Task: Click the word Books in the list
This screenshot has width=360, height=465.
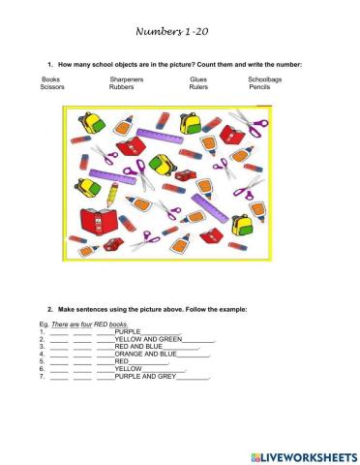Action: tap(51, 78)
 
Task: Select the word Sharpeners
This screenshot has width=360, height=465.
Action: tap(128, 78)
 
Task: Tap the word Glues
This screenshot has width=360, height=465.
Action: tap(198, 78)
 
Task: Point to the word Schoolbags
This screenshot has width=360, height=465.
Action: tap(265, 78)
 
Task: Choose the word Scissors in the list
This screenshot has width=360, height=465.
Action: tap(53, 86)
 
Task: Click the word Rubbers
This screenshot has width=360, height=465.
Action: tap(124, 86)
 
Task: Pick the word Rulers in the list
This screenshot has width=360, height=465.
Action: tap(199, 86)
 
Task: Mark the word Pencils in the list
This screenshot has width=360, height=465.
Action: tap(259, 86)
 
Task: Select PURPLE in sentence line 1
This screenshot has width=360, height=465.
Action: tap(129, 331)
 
